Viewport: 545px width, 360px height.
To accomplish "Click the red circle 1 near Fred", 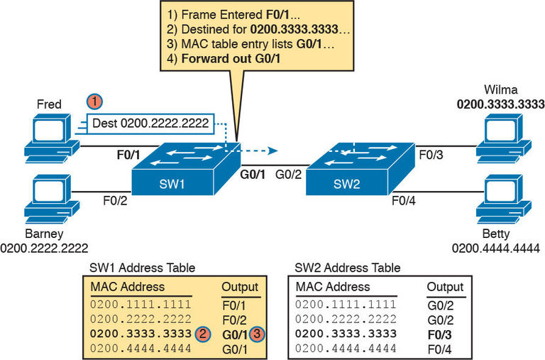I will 92,102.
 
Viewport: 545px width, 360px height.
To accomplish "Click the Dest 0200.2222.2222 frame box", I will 150,124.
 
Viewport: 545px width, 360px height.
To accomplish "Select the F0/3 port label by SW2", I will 430,153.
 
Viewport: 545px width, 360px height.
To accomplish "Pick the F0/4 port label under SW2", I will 406,200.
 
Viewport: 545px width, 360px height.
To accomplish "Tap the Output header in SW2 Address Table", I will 444,287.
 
